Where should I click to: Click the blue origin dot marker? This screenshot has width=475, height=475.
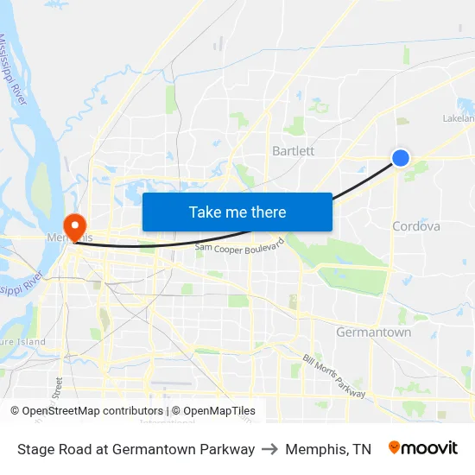click(401, 157)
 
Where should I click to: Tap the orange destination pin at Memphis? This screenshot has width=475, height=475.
click(75, 226)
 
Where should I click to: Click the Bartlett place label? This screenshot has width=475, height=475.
click(293, 150)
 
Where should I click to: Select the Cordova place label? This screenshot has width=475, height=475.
click(416, 226)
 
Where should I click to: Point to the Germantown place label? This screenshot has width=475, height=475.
click(373, 332)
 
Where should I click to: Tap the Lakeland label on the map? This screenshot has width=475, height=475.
click(459, 118)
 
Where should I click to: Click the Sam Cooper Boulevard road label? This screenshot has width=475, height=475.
click(239, 247)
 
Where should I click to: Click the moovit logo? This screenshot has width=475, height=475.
click(423, 448)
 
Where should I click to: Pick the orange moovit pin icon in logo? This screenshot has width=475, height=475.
click(395, 447)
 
